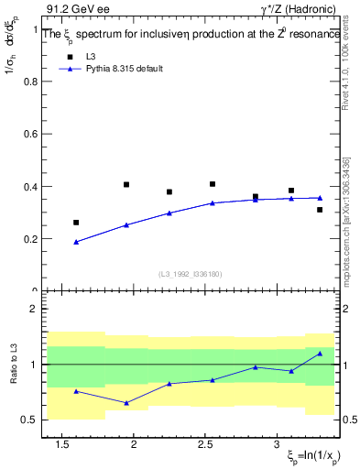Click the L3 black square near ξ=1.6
click(76, 223)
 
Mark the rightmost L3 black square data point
click(320, 210)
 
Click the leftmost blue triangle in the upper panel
click(76, 242)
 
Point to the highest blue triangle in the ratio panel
click(320, 354)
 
